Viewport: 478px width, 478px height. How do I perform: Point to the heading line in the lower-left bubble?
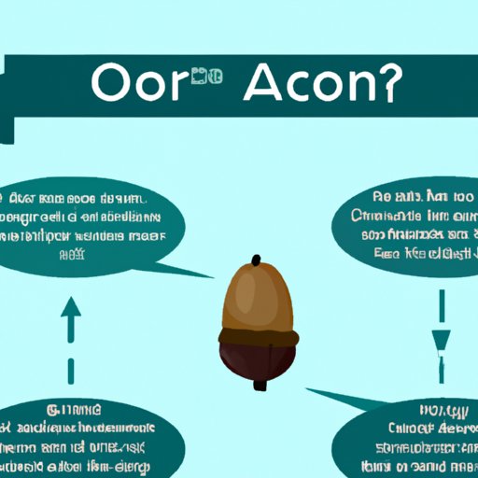[76, 408]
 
